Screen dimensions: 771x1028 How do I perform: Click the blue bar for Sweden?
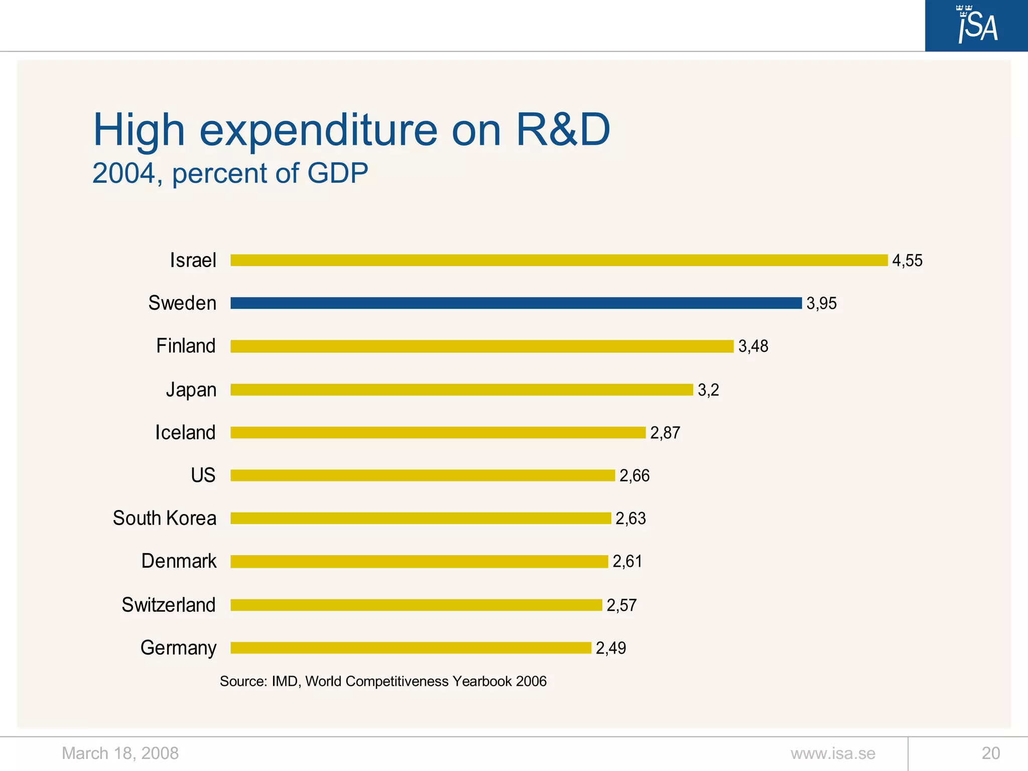[516, 303]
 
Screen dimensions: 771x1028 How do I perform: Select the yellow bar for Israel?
[559, 260]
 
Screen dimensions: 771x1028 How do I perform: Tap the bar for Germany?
[411, 648]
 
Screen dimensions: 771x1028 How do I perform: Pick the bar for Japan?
[461, 390]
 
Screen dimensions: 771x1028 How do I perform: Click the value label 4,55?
[907, 261]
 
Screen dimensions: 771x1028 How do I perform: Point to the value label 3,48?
[753, 346]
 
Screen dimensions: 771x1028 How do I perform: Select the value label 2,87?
[665, 433]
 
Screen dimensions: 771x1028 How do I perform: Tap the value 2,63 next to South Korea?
[630, 519]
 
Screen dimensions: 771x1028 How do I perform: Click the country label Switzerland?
[169, 605]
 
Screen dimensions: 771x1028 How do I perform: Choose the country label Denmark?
[179, 561]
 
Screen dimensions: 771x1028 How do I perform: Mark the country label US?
[203, 475]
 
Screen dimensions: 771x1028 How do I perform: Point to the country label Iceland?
[185, 433]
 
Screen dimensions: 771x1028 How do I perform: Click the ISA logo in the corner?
[976, 25]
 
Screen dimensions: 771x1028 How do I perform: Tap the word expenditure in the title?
[319, 130]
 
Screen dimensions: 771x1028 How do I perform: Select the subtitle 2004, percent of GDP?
[230, 174]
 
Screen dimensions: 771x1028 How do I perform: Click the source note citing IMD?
[383, 681]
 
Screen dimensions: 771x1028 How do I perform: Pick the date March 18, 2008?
[120, 753]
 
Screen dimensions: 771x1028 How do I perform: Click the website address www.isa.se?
[833, 753]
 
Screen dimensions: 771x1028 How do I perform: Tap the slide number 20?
[990, 753]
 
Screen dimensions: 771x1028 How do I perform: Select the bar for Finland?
[482, 346]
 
